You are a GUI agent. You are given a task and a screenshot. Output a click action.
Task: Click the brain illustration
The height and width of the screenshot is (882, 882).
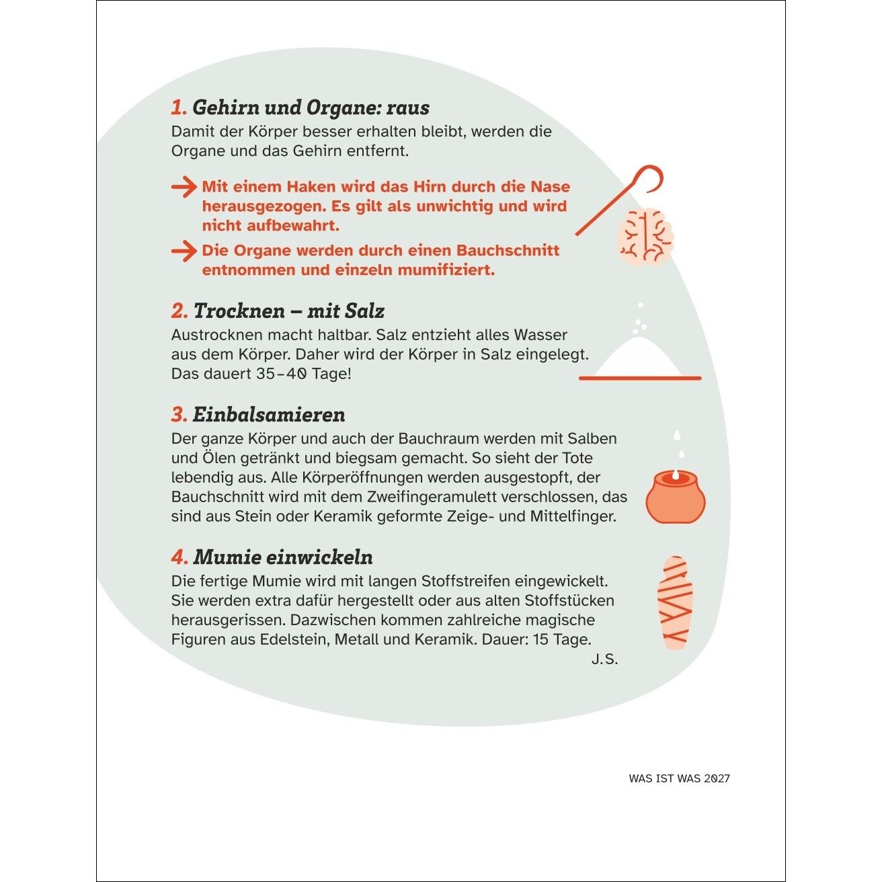(646, 237)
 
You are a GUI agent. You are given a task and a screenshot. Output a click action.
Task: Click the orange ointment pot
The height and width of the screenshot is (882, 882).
(676, 497)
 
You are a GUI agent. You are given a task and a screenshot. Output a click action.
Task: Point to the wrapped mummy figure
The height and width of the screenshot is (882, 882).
(675, 602)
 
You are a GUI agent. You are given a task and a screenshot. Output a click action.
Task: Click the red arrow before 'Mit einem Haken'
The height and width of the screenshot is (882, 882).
(184, 187)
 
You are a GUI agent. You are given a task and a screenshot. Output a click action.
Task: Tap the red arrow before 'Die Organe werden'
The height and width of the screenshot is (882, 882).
(184, 251)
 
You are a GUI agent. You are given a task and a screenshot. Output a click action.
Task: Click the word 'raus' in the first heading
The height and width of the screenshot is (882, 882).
(408, 108)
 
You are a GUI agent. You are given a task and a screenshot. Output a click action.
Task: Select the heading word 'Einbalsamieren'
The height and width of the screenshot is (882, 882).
(269, 415)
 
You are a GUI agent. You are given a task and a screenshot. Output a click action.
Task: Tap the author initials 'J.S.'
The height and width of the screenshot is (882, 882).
(604, 659)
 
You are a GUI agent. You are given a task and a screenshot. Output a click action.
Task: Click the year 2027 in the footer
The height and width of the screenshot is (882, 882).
(717, 778)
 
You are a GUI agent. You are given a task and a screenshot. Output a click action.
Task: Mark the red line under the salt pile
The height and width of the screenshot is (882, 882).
(640, 378)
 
